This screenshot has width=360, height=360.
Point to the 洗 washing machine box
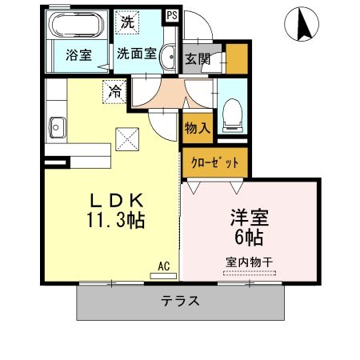[128, 22]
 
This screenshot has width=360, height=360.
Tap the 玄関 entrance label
[198, 58]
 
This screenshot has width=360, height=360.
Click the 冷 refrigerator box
[115, 90]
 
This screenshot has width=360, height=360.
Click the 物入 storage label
[197, 127]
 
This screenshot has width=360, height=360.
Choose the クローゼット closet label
[215, 162]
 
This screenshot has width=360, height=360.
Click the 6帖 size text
[249, 237]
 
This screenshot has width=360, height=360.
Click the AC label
[163, 266]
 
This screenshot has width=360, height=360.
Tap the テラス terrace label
[180, 302]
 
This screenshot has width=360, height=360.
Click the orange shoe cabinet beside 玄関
[236, 58]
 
